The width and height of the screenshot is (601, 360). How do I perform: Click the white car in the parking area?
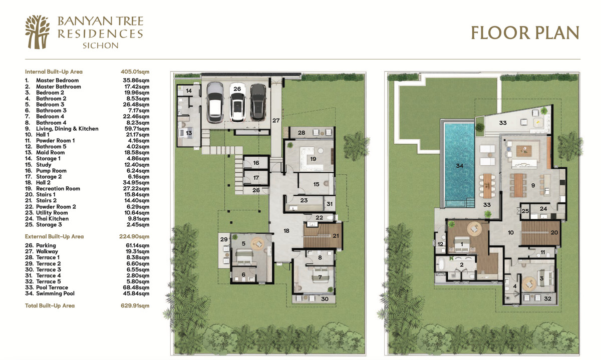pos(237,103)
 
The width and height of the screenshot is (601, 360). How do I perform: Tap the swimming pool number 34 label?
pos(460,166)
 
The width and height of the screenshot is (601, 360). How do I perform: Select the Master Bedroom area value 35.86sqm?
pos(136,80)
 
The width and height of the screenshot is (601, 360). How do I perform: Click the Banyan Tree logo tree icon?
pos(37,32)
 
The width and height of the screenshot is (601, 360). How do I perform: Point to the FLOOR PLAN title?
pos(525,33)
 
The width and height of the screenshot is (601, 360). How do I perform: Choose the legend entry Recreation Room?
pos(58,189)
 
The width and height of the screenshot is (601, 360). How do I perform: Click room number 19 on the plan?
pos(313,159)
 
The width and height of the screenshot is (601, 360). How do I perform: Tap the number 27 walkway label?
pos(276,121)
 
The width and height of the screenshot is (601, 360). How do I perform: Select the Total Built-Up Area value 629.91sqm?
pos(135,305)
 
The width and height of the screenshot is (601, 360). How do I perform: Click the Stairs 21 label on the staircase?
pos(336,236)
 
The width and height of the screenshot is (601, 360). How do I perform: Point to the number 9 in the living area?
pos(533,185)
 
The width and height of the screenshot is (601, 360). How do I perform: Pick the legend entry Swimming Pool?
pos(55,293)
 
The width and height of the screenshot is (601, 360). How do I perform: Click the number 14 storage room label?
pos(189,91)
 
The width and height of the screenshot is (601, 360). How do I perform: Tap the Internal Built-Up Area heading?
pos(54,72)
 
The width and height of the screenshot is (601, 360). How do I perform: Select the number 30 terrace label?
pos(325,299)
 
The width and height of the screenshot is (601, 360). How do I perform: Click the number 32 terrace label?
pos(547,298)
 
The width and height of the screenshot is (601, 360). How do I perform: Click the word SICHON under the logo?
pos(100,46)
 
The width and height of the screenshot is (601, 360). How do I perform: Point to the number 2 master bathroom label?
pos(461,265)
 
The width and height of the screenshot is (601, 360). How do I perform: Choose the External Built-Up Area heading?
pos(54,237)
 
